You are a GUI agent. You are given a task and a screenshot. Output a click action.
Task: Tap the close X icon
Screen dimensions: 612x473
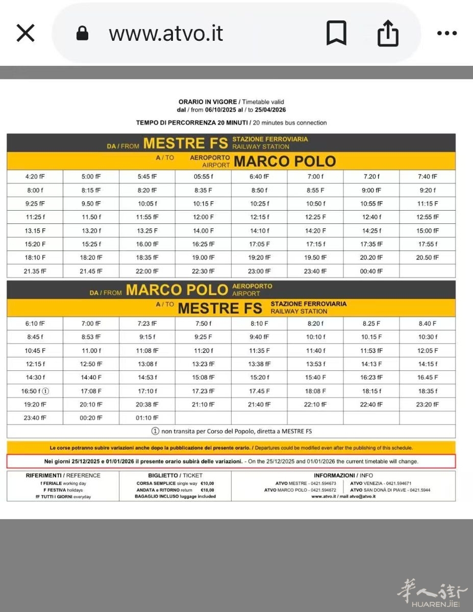[x=26, y=33]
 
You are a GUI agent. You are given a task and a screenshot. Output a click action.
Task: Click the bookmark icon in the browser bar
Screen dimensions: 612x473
[x=336, y=33]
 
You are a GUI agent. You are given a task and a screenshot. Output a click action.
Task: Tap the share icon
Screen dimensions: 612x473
[x=387, y=33]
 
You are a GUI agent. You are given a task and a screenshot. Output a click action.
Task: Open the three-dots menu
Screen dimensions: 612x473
[x=447, y=33]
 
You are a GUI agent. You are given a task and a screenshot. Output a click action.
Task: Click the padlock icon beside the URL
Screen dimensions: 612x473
[x=82, y=34]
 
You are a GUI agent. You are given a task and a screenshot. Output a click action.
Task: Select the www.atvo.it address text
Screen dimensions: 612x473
[x=166, y=34]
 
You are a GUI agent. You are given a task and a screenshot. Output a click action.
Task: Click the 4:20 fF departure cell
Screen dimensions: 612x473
[x=35, y=177]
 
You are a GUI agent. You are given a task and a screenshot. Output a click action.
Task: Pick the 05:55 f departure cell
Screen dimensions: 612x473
[x=203, y=177]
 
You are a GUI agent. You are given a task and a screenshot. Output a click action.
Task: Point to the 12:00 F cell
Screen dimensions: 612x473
[x=203, y=217]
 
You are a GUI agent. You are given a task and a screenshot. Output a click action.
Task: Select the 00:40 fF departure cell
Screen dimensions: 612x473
[x=371, y=271]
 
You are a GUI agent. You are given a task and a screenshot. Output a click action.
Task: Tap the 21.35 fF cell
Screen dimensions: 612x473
[x=35, y=271]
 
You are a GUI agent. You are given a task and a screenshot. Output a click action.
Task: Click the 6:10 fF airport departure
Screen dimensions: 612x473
[x=35, y=323]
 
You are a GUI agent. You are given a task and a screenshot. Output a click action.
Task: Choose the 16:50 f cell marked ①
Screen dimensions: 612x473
[x=35, y=391]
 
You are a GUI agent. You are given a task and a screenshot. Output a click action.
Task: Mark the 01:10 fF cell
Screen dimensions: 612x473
[x=147, y=418]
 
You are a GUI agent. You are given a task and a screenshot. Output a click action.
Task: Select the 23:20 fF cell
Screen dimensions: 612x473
[x=427, y=404]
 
